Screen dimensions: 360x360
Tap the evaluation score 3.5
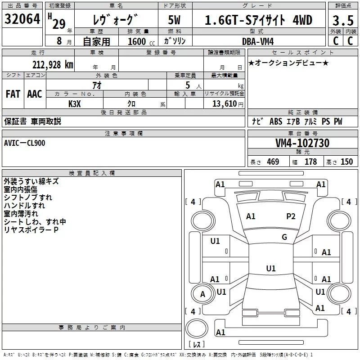pos(342,20)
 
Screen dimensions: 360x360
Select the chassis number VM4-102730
pos(302,143)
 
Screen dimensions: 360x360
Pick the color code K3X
pos(75,103)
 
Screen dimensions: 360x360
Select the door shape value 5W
pos(175,20)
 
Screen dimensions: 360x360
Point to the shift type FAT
pos(13,94)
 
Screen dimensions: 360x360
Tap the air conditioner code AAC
pos(34,94)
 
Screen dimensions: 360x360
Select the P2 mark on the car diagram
pos(291,216)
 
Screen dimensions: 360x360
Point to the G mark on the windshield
pos(284,237)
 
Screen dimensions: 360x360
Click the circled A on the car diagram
pos(202,294)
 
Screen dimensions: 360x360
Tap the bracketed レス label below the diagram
pos(196,344)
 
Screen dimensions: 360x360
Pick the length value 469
pos(273,162)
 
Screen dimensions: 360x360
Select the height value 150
pos(346,162)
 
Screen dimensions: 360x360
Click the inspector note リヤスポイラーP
pos(31,230)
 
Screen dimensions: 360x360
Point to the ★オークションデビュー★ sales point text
pos(288,63)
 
